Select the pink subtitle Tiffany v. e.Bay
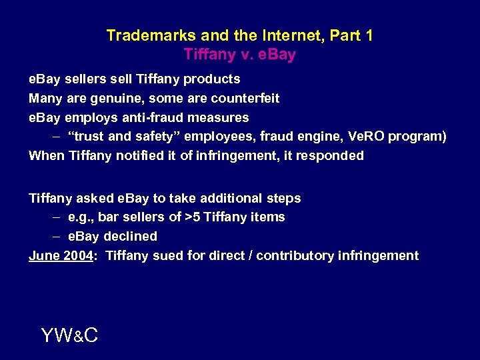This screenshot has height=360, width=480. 239,55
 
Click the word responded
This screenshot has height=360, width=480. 332,155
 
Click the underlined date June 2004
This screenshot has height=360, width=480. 61,255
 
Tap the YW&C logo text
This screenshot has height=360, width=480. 69,335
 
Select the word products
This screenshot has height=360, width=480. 211,79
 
